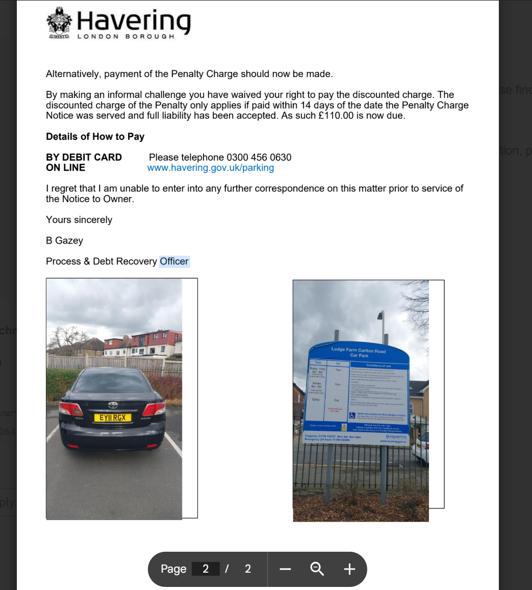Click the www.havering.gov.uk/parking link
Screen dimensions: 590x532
210,168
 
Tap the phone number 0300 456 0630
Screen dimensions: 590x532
259,157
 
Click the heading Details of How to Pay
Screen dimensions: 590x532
95,136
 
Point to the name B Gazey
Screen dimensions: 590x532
64,240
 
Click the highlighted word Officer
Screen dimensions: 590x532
174,261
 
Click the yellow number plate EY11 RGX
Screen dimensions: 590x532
112,418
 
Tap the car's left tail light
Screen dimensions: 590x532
70,409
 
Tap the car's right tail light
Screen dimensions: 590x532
154,409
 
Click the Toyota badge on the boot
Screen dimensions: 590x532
112,405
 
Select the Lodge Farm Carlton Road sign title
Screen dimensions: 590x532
359,352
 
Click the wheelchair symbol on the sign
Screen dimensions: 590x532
351,415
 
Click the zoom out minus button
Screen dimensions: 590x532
285,569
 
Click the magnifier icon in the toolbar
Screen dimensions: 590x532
317,569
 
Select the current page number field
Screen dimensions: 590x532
206,569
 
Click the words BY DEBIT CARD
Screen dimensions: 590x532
84,157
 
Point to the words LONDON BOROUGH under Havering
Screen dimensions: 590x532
125,37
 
